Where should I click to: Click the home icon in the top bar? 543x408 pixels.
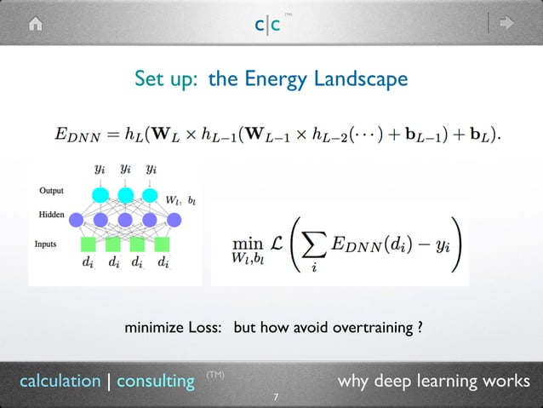point(35,24)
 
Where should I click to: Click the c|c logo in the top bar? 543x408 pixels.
point(270,26)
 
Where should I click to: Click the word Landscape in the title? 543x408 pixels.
point(363,79)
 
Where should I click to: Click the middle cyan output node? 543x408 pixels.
point(126,195)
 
